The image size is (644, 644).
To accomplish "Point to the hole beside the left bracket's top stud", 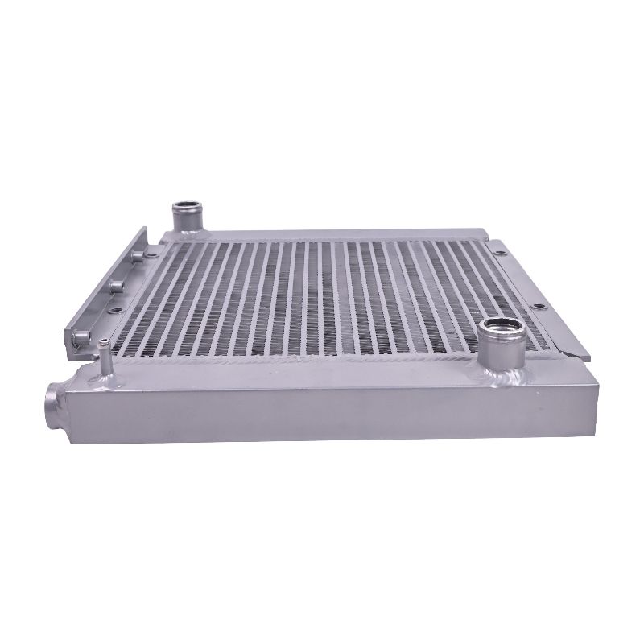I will pyautogui.click(x=153, y=254).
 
